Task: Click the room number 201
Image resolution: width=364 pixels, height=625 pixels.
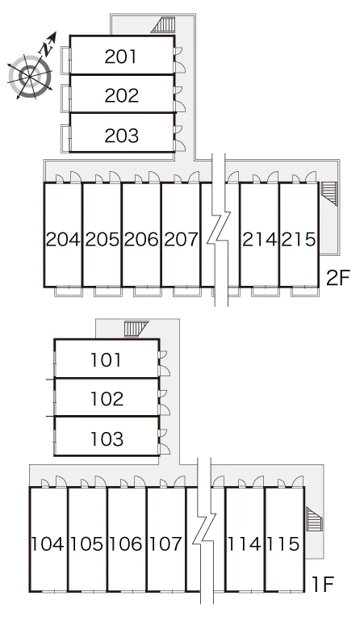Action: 121,57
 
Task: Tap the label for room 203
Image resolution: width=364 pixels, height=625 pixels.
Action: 121,136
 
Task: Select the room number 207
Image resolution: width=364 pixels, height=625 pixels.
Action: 181,239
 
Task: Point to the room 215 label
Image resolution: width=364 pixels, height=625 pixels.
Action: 299,239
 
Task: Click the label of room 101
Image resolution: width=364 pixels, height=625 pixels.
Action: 106,360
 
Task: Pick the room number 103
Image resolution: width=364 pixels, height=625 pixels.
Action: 107,438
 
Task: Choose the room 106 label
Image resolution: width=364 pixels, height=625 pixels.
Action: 126,543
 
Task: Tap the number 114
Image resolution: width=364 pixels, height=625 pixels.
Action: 244,543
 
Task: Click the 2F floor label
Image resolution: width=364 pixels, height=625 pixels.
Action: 337,278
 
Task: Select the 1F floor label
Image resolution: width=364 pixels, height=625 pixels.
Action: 323,585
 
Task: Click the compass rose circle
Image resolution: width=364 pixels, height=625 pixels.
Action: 31,76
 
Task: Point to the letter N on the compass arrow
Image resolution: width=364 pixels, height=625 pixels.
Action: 47,48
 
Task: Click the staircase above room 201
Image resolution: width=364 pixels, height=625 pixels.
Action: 164,25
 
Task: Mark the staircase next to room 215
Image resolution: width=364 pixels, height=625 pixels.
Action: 329,193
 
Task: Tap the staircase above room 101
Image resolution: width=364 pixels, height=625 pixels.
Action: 136,329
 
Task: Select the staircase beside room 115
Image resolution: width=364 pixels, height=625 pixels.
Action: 314,519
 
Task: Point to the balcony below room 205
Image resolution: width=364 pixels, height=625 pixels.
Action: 108,292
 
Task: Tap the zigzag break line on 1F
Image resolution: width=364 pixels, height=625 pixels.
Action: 205,531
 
